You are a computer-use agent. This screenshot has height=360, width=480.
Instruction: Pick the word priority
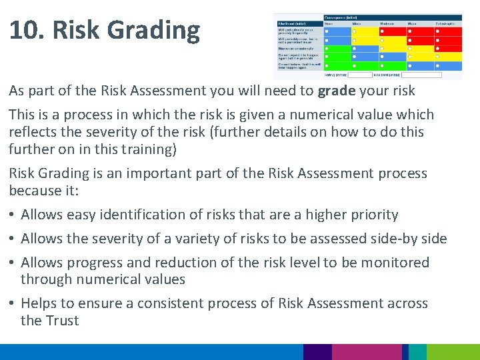pyautogui.click(x=369, y=215)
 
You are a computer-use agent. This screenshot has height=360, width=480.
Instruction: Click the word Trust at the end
pyautogui.click(x=62, y=321)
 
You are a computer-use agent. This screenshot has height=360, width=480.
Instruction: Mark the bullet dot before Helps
pyautogui.click(x=13, y=304)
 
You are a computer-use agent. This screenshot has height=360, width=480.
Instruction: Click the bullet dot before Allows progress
pyautogui.click(x=13, y=263)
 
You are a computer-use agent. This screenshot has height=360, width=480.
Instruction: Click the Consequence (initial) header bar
pyautogui.click(x=393, y=17)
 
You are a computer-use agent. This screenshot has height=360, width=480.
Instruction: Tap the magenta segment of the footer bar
pyautogui.click(x=367, y=352)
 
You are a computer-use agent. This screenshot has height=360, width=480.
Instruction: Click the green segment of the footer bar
pyautogui.click(x=453, y=352)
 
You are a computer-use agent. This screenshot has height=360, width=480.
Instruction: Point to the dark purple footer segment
pyautogui.click(x=317, y=352)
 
